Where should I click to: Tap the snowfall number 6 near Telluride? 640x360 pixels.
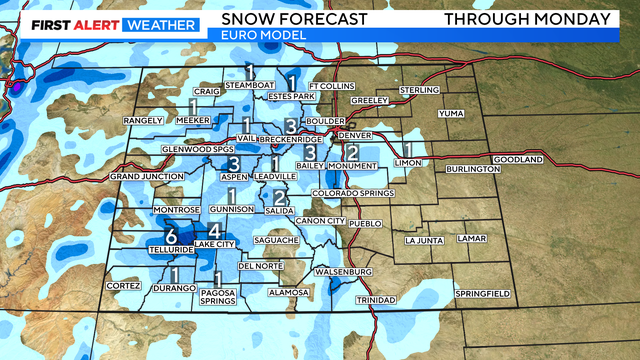[x=171, y=237]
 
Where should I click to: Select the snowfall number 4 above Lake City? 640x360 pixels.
[x=213, y=230]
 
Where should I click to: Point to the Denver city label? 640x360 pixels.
[x=355, y=135]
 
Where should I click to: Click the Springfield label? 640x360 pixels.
[x=482, y=293]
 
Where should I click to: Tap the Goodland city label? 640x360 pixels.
[x=517, y=160]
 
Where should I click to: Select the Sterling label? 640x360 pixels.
[x=419, y=91]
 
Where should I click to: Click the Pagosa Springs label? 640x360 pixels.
[x=218, y=296]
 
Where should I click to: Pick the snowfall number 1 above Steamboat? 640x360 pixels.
[x=249, y=71]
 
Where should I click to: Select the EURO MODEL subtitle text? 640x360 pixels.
[x=255, y=35]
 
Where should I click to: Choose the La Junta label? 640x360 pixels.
[x=423, y=240]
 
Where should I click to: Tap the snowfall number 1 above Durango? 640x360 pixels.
[x=175, y=274]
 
